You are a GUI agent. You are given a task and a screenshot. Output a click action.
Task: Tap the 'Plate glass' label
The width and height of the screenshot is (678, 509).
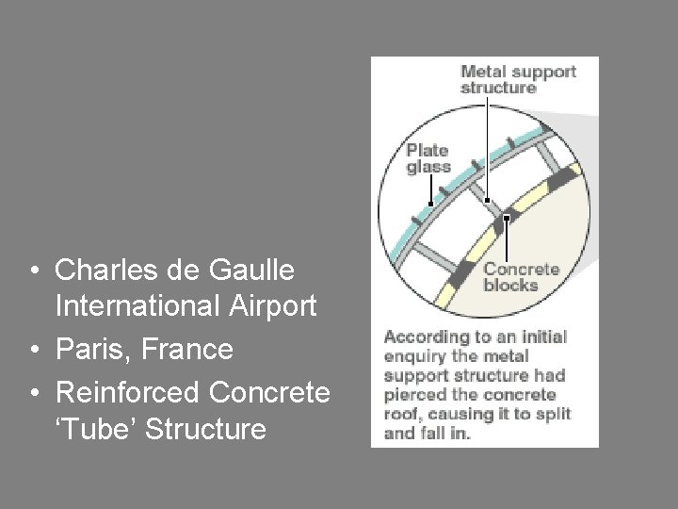coord(428,158)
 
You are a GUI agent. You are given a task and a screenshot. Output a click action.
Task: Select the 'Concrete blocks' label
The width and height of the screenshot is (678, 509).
coord(521,277)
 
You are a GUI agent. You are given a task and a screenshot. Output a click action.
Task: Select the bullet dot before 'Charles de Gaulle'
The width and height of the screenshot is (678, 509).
coord(34,271)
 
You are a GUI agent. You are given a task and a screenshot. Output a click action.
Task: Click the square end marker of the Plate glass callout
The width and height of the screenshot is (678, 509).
coord(430,203)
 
